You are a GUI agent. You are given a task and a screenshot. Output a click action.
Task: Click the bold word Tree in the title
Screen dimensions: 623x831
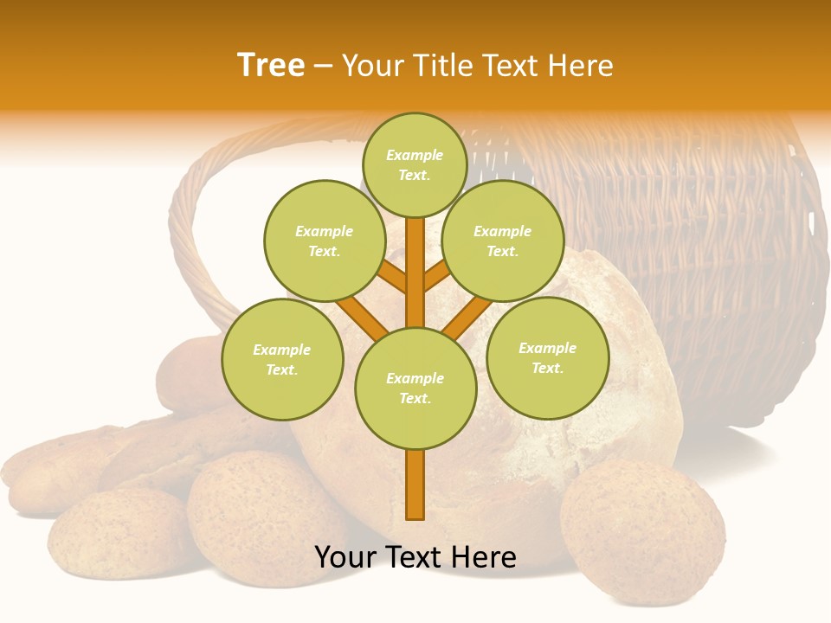[271, 66]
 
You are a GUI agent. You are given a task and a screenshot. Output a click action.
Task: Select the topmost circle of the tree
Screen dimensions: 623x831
[415, 164]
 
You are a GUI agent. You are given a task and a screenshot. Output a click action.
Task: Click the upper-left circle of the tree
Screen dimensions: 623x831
[324, 241]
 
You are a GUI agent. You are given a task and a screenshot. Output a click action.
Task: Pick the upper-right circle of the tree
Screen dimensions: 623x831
[502, 241]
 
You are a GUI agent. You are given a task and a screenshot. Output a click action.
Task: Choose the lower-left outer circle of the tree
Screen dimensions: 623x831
[282, 359]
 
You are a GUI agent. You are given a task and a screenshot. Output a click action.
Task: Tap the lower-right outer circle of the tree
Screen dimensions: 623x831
[547, 357]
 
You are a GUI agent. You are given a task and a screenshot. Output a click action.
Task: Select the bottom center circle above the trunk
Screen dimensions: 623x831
[415, 388]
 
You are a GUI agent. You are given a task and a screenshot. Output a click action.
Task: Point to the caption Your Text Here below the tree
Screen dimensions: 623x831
[415, 558]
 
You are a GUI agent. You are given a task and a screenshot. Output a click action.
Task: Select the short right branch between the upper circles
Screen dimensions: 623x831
[436, 276]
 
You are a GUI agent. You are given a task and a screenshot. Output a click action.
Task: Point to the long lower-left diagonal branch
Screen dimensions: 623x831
[362, 318]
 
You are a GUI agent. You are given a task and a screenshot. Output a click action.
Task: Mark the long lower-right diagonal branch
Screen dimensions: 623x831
[467, 318]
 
